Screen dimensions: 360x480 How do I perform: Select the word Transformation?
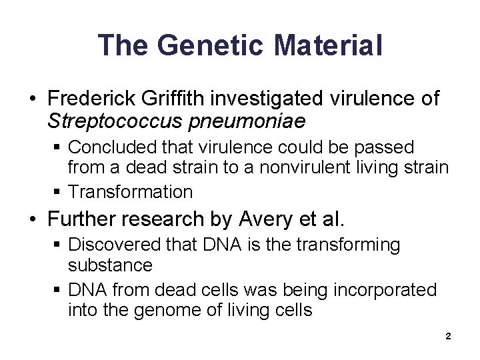[130, 192]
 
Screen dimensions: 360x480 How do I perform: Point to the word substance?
[110, 265]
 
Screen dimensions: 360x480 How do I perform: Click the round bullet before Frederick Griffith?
[32, 99]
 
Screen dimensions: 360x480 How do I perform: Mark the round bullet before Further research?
[32, 218]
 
